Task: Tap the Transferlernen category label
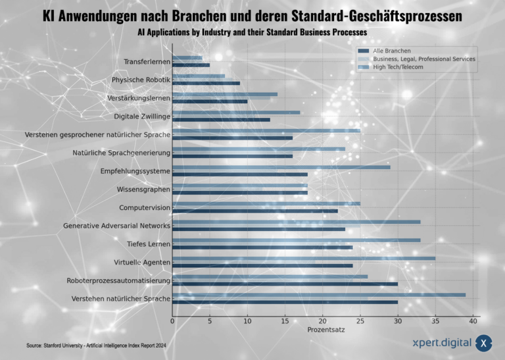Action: click(147, 62)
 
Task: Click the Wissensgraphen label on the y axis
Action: click(143, 190)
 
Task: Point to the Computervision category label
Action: click(145, 208)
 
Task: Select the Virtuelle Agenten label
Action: click(142, 263)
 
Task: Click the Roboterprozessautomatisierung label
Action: click(118, 281)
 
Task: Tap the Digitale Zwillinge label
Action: click(142, 116)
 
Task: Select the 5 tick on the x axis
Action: click(210, 321)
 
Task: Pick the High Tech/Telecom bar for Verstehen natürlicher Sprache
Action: click(319, 295)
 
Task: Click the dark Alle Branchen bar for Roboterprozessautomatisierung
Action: click(285, 284)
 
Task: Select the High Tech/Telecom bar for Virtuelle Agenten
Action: click(304, 259)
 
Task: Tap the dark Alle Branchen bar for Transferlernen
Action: click(191, 65)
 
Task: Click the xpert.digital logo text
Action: click(440, 342)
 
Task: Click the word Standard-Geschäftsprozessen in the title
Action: click(364, 15)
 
